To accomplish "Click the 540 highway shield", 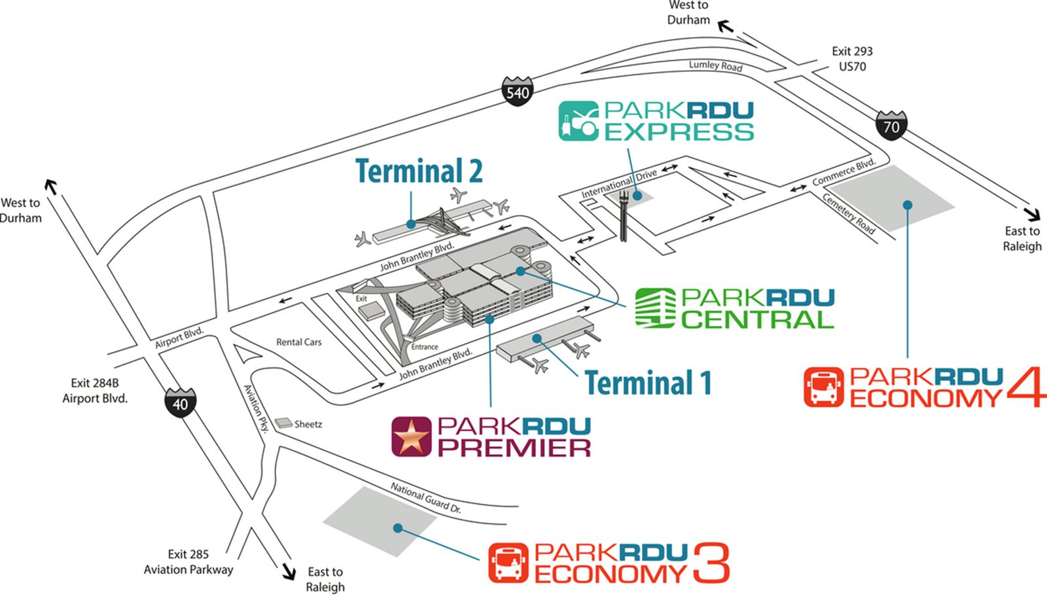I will pos(517,92).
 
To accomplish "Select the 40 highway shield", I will pos(180,403).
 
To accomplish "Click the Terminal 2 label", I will pos(419,171).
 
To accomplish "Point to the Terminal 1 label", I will pos(648,383).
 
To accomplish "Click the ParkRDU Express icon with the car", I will pos(578,121).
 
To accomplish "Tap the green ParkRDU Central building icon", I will pos(655,308).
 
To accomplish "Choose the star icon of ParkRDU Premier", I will pos(411,436).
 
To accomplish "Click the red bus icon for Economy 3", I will pos(508,563).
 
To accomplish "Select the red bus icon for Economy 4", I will pos(823,387).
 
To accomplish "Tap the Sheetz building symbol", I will pos(283,423).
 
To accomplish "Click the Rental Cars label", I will pos(298,342).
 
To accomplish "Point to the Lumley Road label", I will pos(715,65).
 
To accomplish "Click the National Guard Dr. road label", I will pos(425,497).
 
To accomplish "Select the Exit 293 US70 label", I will pos(852,59).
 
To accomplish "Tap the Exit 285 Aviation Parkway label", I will pos(188,562).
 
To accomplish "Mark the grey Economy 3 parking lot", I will pos(380,521).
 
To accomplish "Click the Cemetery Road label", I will pos(848,214).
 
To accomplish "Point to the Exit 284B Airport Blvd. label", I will pos(95,391).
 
